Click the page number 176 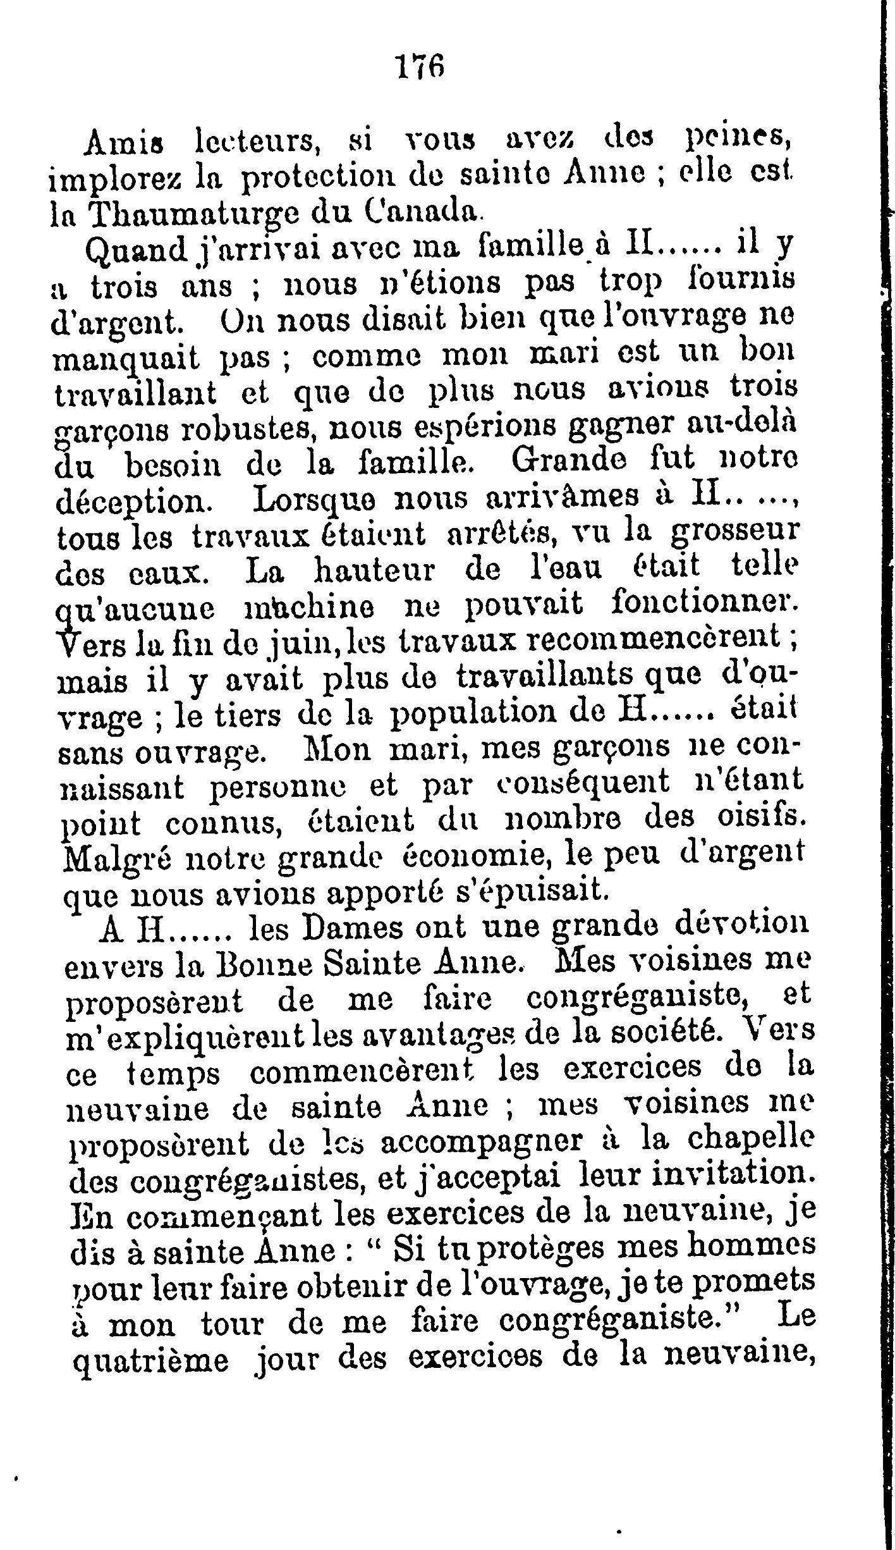tap(419, 65)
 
